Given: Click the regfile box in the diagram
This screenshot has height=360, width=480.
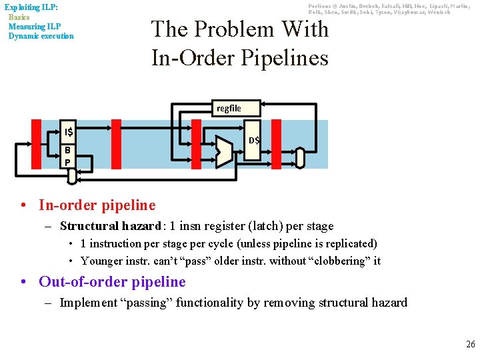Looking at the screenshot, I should tap(229, 108).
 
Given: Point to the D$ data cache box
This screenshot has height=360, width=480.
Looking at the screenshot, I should tap(254, 141).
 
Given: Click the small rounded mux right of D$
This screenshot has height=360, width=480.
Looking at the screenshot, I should tap(299, 157).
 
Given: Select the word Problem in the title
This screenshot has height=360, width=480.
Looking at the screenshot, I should tap(232, 29).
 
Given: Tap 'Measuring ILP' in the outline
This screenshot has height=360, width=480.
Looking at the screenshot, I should tap(35, 27).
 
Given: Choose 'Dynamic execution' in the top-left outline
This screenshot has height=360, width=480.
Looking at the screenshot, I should tap(41, 36).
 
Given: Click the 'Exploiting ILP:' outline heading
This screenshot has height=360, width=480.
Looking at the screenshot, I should tap(31, 7).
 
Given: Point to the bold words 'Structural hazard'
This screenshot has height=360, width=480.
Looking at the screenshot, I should tap(110, 226).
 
